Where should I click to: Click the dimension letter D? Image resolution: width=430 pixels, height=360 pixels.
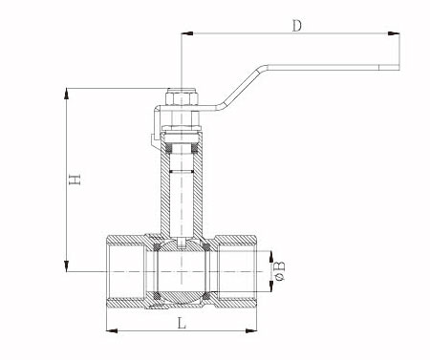(x=296, y=26)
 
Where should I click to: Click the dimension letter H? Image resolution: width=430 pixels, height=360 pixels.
(x=75, y=180)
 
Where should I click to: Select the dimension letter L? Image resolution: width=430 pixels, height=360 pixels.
(x=182, y=324)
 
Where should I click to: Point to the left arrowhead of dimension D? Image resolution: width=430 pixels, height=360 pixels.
(x=187, y=33)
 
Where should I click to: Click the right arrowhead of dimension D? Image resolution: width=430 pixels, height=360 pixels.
(x=394, y=33)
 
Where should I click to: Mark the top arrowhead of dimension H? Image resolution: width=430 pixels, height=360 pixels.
(x=66, y=94)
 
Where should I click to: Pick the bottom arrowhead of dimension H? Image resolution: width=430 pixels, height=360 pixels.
(x=66, y=265)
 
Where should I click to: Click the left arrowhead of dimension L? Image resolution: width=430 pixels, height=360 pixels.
(x=112, y=331)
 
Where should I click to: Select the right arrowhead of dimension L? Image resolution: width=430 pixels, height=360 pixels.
(x=250, y=331)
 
